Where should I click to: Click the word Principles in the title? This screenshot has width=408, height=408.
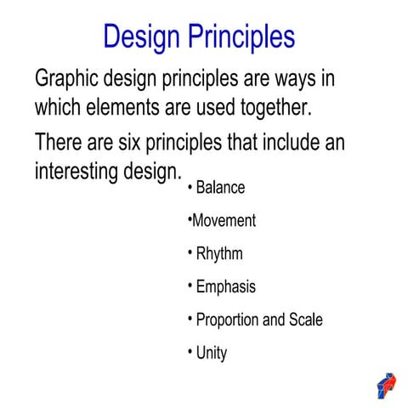[x=243, y=37]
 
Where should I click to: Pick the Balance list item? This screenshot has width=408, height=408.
[x=220, y=188]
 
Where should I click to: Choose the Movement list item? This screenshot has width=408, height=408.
[x=224, y=221]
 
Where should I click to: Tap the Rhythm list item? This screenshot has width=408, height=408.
[x=218, y=254]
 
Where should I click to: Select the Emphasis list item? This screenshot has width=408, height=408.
[x=225, y=287]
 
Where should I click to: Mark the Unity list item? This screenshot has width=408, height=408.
[x=212, y=353]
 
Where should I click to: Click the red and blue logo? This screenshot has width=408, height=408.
[x=386, y=384]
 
